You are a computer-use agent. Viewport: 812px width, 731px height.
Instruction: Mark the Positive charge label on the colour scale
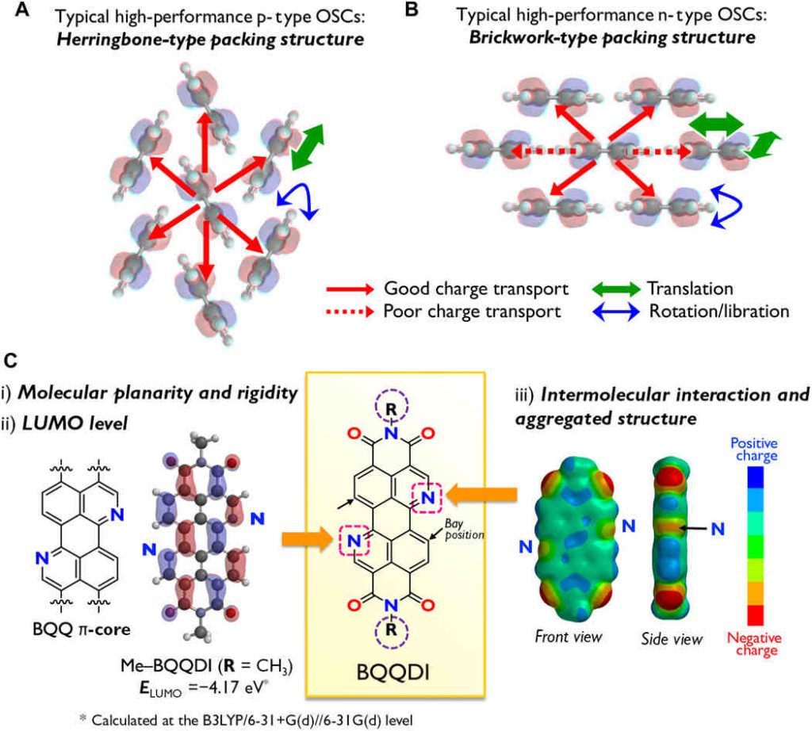[x=753, y=450]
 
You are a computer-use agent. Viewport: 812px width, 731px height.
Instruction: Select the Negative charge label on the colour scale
[x=753, y=643]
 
